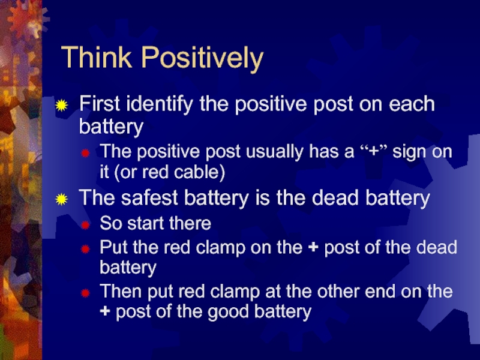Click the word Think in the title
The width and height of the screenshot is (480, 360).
[x=97, y=57]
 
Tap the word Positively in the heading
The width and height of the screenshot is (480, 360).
[x=202, y=59]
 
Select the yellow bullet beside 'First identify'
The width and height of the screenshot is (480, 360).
[x=62, y=106]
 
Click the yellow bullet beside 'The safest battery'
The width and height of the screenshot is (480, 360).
[x=62, y=199]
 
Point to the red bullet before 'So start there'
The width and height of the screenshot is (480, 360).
[x=85, y=226]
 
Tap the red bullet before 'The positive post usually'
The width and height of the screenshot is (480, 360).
[x=85, y=153]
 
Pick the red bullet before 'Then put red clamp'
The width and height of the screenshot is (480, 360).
[x=85, y=293]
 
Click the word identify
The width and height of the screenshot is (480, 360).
[x=160, y=104]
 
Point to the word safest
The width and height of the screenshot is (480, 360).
[x=149, y=198]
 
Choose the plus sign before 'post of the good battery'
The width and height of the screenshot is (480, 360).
[x=104, y=311]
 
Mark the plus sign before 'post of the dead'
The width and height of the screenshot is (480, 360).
[x=313, y=247]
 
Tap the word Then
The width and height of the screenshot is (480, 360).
[x=122, y=291]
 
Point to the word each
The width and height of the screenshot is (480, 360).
[x=412, y=104]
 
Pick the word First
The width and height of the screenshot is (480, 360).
[x=100, y=103]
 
